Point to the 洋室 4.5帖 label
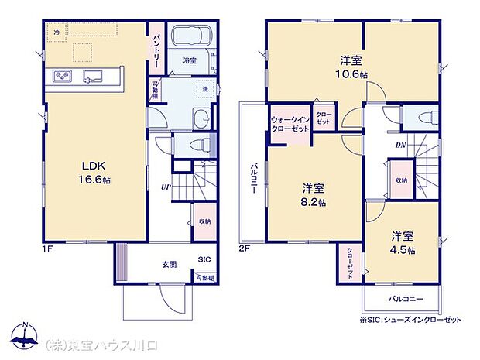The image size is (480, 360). pos(402,242)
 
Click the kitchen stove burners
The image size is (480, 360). pos(63,75)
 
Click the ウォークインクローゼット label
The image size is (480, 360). pos(290,124)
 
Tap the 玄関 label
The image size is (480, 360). pos(168,265)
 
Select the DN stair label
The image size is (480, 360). pos(401,145)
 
